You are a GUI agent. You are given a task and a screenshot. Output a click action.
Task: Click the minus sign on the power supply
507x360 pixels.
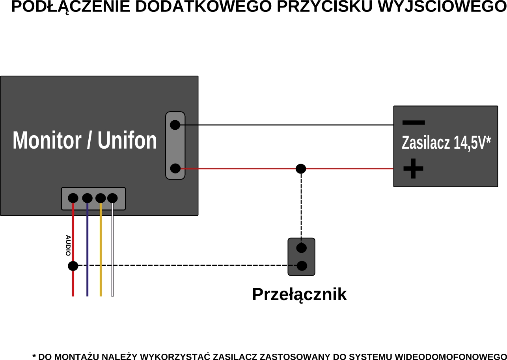413,122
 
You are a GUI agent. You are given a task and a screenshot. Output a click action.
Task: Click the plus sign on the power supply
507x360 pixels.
413,169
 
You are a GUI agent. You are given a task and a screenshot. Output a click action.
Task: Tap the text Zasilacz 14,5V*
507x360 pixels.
446,143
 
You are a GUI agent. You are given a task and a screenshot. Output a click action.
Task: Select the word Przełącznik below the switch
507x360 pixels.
299,295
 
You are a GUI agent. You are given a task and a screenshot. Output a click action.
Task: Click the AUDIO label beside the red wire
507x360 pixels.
68,245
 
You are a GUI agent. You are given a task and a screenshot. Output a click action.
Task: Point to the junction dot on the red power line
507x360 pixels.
301,169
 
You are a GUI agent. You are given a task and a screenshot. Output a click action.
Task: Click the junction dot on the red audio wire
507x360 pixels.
73,266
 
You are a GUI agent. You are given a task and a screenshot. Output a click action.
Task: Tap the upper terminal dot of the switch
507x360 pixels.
301,248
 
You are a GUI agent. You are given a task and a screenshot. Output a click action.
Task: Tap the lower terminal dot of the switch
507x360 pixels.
302,266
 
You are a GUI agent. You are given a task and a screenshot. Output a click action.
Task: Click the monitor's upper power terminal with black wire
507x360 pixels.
175,125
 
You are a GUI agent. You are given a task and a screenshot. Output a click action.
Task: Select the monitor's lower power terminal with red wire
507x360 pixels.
175,169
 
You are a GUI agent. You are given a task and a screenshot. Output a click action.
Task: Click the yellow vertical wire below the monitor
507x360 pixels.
101,252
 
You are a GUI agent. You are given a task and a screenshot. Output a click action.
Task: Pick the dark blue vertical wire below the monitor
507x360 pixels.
87,252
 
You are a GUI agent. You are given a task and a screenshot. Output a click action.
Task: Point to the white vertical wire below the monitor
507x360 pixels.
112,252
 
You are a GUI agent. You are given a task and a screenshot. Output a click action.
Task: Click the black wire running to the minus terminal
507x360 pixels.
288,125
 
